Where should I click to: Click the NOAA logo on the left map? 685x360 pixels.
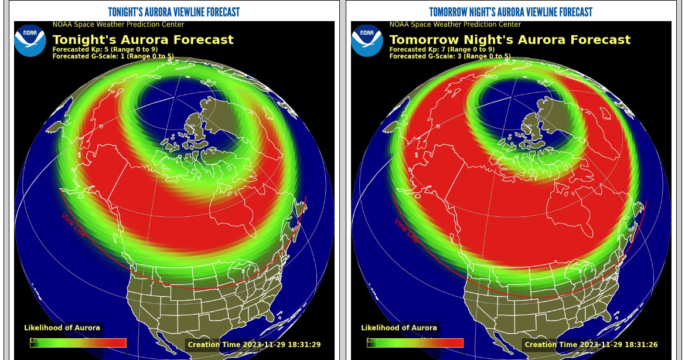[x=30, y=40]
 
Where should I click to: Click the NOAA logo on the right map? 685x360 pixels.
[x=367, y=40]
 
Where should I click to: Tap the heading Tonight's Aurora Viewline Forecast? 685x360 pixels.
[x=174, y=12]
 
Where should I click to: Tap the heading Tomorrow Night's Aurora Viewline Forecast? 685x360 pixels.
[x=510, y=12]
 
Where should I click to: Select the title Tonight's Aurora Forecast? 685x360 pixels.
[x=143, y=40]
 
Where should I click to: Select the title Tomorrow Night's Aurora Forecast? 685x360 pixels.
[x=510, y=40]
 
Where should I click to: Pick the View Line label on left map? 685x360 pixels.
[x=73, y=225]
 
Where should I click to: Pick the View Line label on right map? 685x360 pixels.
[x=406, y=231]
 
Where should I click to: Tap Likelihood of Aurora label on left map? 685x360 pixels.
[x=62, y=328]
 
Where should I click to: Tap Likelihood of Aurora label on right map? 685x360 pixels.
[x=399, y=328]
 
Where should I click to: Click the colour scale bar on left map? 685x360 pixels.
[x=79, y=343]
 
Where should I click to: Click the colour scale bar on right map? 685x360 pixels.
[x=415, y=343]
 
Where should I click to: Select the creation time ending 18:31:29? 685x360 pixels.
[x=254, y=345]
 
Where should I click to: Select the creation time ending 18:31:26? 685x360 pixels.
[x=591, y=345]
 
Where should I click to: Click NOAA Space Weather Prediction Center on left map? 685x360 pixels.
[x=118, y=25]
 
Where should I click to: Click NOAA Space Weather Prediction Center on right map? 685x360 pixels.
[x=455, y=25]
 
